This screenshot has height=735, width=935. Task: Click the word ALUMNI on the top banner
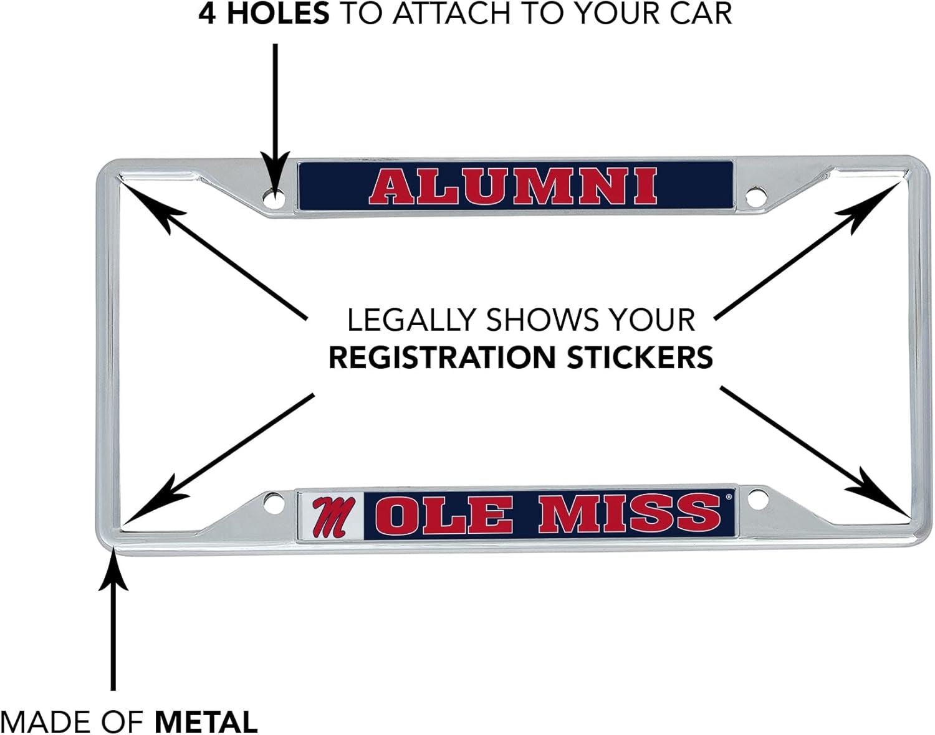[512, 186]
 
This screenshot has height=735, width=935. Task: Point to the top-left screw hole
[273, 199]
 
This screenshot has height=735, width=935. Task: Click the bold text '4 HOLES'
[264, 14]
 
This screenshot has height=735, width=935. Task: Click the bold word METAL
[206, 722]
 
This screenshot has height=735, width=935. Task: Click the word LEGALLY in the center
[411, 320]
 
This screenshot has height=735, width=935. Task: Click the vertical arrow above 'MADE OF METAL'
[113, 623]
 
